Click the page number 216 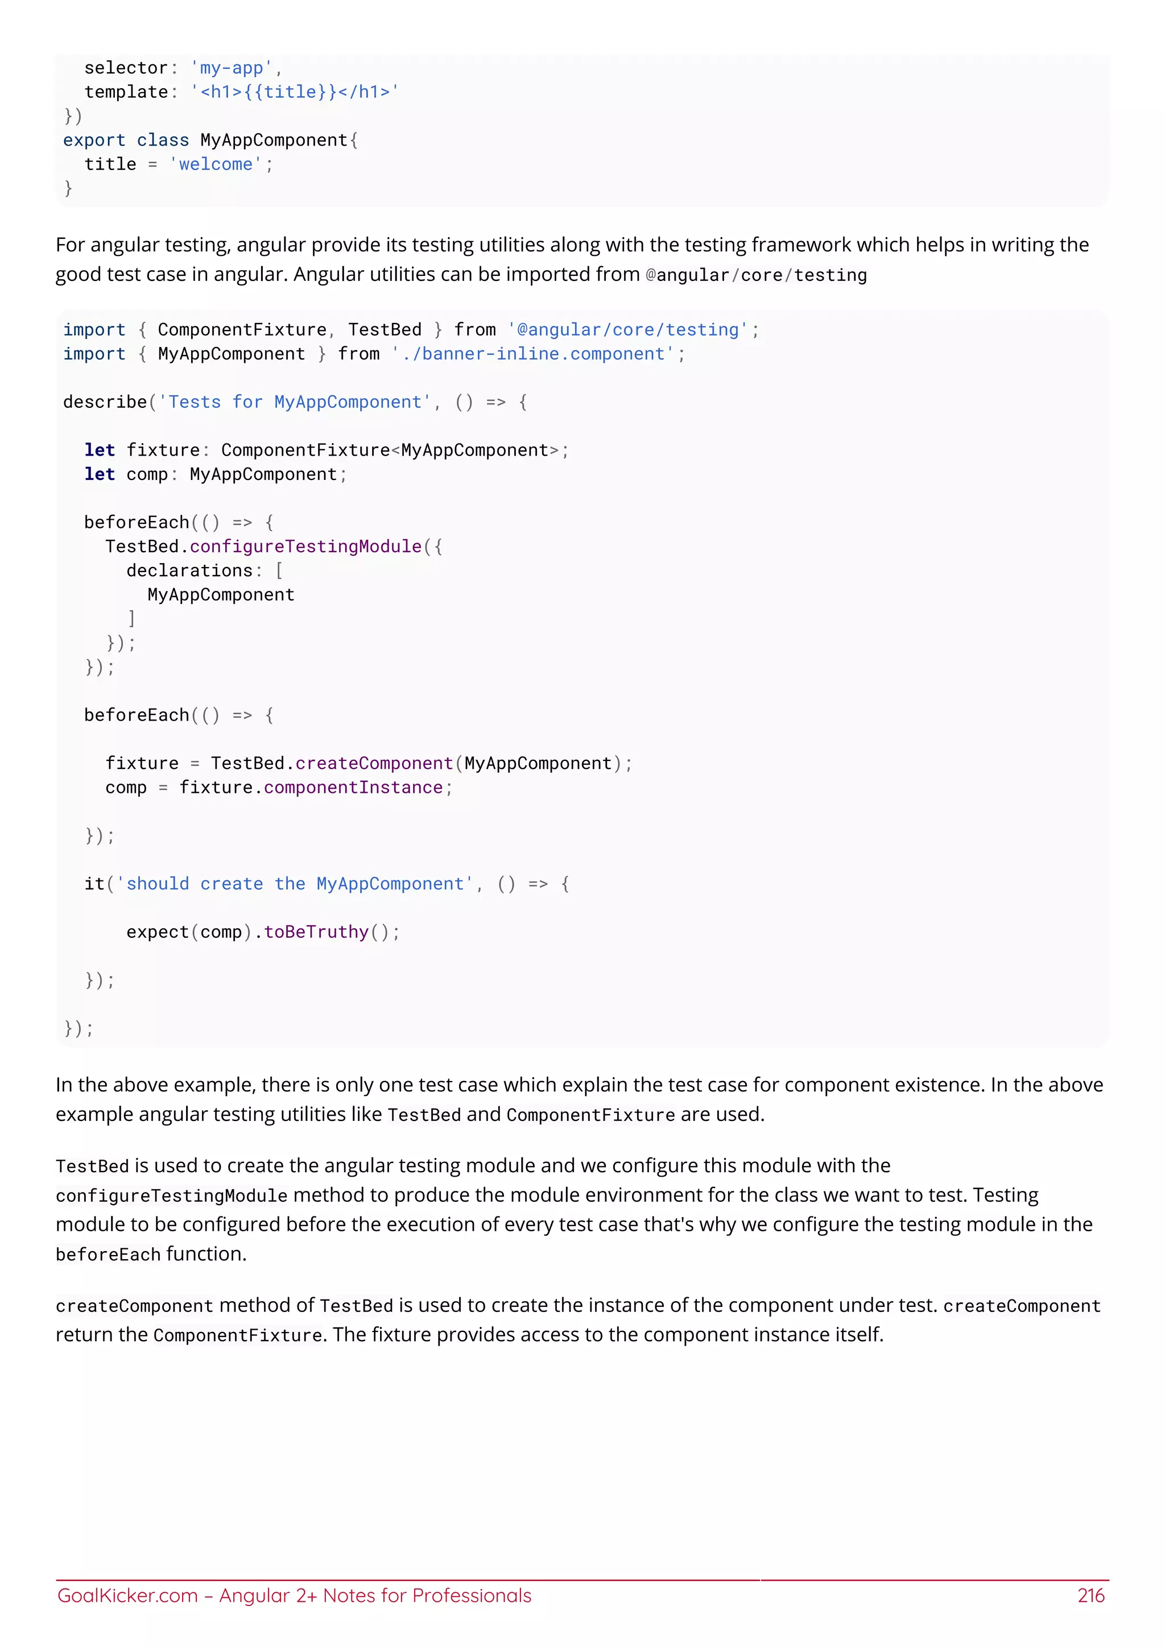coord(1090,1595)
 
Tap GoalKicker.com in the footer coord(127,1595)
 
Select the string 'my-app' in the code coord(231,68)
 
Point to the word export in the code coord(94,140)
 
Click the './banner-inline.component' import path coord(533,354)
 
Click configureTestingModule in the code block coord(305,547)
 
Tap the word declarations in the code coord(189,570)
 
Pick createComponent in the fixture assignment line coord(374,763)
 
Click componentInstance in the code coord(353,788)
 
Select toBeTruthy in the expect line coord(316,932)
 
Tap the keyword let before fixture coord(100,450)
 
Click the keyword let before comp coord(100,474)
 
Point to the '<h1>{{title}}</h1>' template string coord(295,92)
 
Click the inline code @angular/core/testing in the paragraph coord(756,275)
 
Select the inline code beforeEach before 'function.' coord(108,1255)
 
